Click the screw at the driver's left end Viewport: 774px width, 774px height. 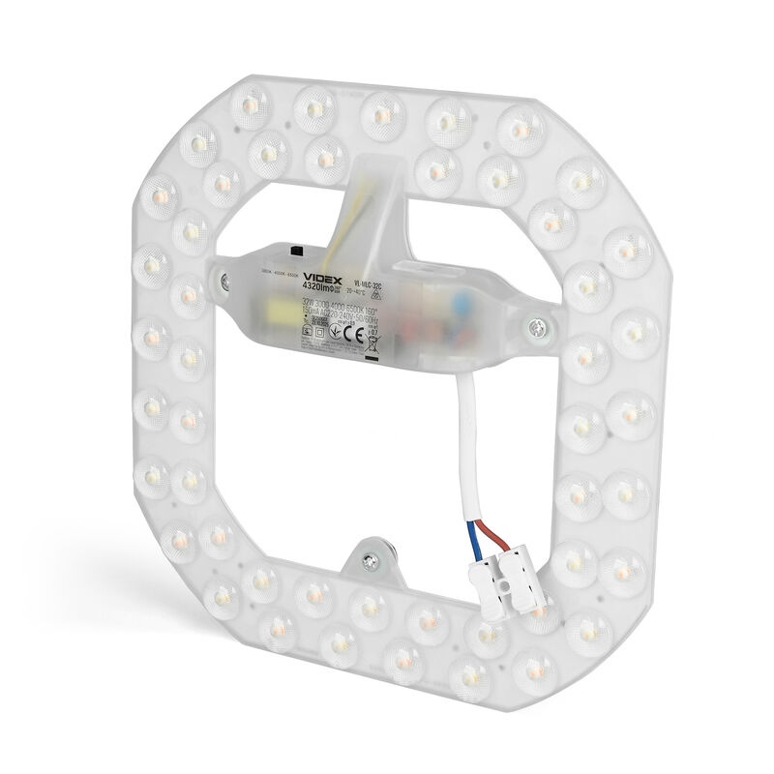pyautogui.click(x=225, y=282)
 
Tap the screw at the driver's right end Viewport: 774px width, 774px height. pyautogui.click(x=535, y=329)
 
